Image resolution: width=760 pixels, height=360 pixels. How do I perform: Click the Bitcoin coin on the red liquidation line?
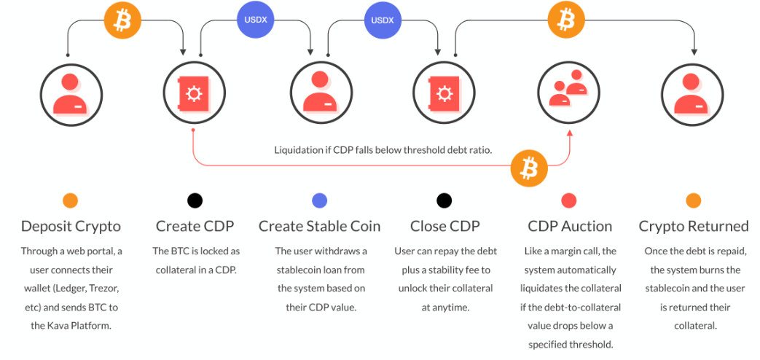click(529, 168)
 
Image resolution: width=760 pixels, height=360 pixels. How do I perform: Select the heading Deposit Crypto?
click(71, 226)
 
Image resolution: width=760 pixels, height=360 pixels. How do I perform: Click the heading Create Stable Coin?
click(319, 226)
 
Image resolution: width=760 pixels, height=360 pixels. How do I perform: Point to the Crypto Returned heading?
click(694, 226)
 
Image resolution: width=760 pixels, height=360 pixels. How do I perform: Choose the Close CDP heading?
click(444, 226)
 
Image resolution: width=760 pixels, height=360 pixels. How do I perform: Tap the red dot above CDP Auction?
click(568, 200)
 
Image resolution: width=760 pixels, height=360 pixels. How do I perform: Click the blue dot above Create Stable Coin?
click(319, 200)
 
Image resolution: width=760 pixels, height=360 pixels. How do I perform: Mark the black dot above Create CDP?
click(195, 200)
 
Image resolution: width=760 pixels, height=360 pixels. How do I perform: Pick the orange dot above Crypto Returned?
click(694, 200)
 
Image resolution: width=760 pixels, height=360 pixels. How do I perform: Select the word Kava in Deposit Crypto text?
click(58, 326)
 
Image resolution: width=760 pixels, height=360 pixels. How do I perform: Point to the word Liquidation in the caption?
click(298, 150)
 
